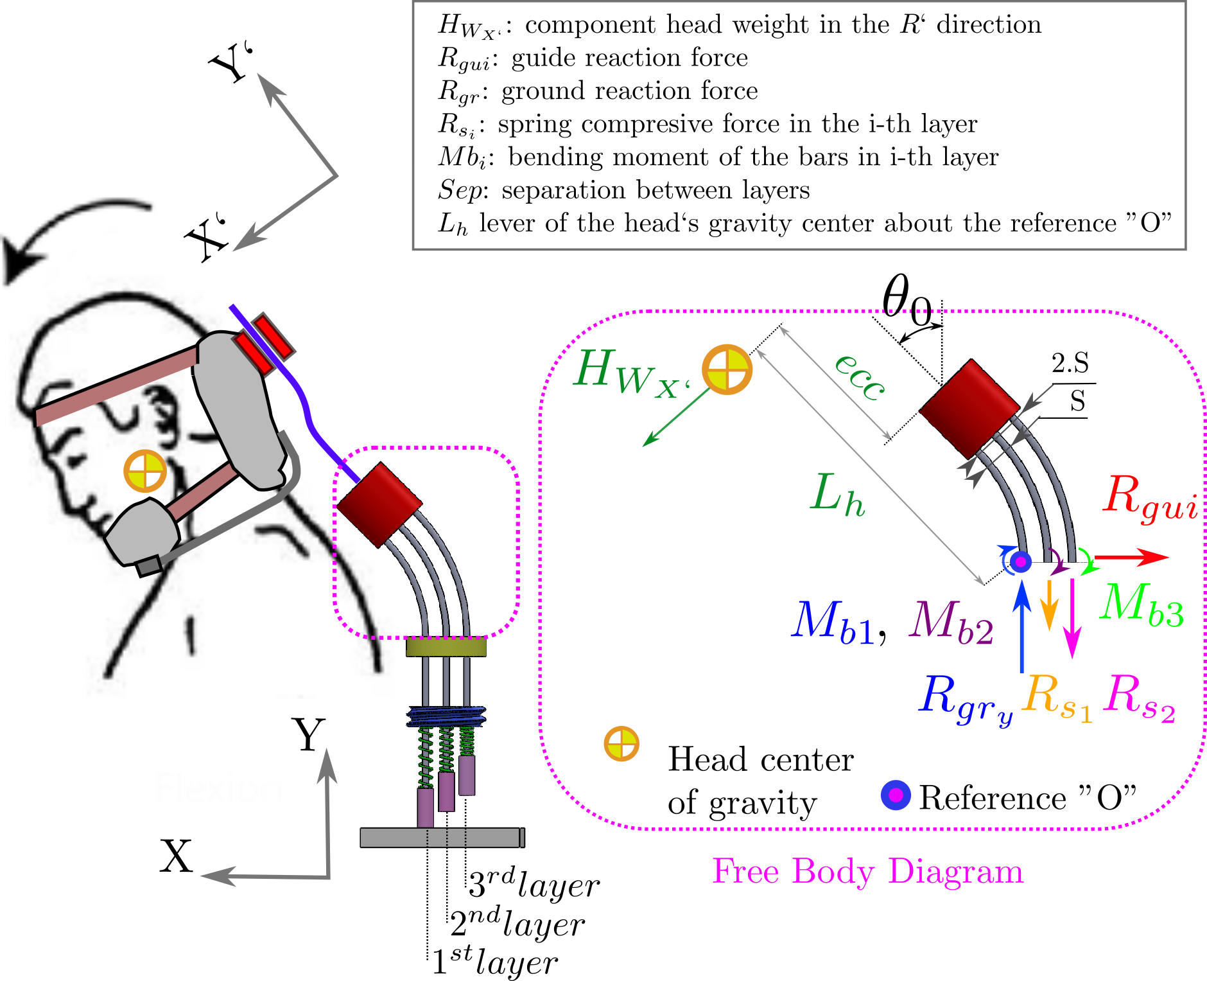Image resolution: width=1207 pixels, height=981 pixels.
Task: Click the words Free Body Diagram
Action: coord(867,872)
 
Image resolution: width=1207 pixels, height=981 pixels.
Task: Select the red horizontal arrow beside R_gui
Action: coord(1131,557)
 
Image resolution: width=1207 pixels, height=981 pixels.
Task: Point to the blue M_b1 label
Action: coord(832,621)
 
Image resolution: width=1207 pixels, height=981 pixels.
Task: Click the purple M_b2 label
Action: coord(951,621)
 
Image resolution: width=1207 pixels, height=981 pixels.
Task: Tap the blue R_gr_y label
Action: coord(965,699)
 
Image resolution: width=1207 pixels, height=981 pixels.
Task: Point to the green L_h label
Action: coord(837,495)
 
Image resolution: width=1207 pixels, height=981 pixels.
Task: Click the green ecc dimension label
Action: coord(860,377)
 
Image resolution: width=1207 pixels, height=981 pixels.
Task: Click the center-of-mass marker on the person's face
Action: coord(145,471)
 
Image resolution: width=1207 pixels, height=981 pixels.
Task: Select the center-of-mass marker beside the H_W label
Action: coord(727,369)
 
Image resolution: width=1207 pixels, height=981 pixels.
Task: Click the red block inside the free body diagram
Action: coord(969,408)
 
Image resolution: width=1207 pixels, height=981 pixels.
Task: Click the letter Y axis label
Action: coord(308,734)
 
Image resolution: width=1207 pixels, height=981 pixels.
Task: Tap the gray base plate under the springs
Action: coord(442,838)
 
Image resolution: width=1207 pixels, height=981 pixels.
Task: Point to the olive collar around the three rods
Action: coord(446,648)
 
